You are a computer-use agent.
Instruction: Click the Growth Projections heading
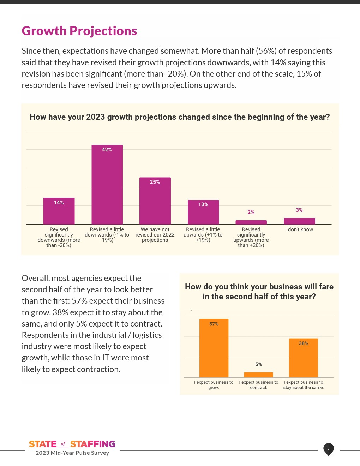pos(79,31)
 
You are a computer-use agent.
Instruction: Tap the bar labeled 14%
pos(59,211)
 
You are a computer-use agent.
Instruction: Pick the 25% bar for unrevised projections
pos(155,201)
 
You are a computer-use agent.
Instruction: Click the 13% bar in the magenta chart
pos(203,212)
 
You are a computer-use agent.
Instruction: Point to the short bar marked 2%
pos(251,222)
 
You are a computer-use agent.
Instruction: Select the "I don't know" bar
pos(299,221)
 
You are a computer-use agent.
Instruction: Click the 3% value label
pos(299,210)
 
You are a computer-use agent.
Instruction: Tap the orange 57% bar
pos(214,348)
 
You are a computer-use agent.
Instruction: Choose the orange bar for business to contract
pos(258,375)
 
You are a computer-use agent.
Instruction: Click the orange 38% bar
pos(304,358)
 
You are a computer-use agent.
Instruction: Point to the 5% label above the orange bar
pos(258,364)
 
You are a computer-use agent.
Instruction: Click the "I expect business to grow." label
pos(214,385)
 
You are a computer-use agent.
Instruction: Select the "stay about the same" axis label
pos(304,385)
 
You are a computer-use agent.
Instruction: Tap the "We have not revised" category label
pos(155,235)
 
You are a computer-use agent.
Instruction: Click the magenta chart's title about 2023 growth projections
pos(180,117)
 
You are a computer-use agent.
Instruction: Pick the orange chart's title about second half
pos(259,292)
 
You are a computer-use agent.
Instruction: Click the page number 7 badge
pos(328,449)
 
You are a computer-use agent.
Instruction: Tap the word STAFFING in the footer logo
pos(93,444)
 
